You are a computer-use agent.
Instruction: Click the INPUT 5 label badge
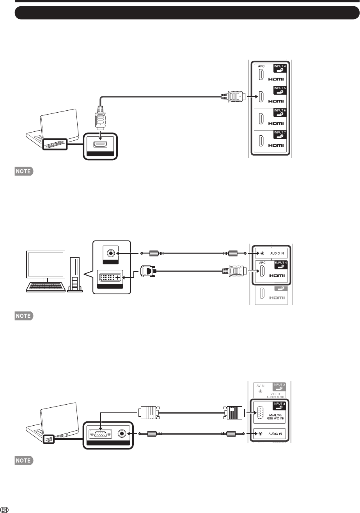pos(280,89)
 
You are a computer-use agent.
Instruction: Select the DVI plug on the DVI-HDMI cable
pos(146,270)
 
